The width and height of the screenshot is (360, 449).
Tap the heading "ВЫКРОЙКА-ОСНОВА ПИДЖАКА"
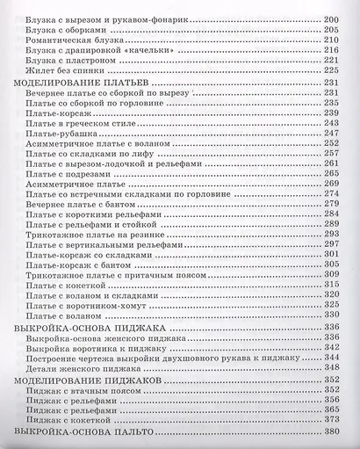pos(82,326)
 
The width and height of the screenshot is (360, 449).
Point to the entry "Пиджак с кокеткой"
pos(69,417)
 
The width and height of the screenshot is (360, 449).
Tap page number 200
pos(331,18)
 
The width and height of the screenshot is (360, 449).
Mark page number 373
pos(331,417)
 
